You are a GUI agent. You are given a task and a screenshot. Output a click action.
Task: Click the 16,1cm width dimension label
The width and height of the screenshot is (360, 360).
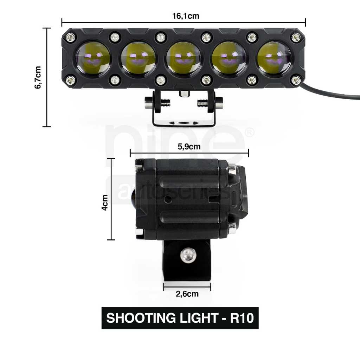186,16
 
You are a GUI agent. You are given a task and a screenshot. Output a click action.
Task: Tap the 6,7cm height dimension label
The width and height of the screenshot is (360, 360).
38,77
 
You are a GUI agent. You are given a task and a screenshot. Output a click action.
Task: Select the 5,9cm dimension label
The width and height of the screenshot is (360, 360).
189,147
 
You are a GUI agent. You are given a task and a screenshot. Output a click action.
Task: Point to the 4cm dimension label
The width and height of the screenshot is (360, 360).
105,202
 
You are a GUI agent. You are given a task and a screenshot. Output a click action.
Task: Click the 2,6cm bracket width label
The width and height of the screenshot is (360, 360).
187,294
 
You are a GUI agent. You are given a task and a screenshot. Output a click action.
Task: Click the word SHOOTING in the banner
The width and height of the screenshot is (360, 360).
141,318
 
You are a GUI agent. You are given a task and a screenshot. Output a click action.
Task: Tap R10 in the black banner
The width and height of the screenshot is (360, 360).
242,318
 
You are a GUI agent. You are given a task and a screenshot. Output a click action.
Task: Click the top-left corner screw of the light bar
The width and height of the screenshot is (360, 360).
70,37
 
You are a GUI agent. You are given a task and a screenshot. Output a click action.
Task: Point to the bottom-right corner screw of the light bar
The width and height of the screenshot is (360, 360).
296,80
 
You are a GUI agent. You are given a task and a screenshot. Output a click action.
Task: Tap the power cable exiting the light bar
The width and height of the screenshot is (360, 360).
330,91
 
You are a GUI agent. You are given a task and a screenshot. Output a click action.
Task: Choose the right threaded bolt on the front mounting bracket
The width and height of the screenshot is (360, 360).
210,103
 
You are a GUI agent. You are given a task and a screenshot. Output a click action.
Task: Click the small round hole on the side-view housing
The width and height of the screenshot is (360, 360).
169,199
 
